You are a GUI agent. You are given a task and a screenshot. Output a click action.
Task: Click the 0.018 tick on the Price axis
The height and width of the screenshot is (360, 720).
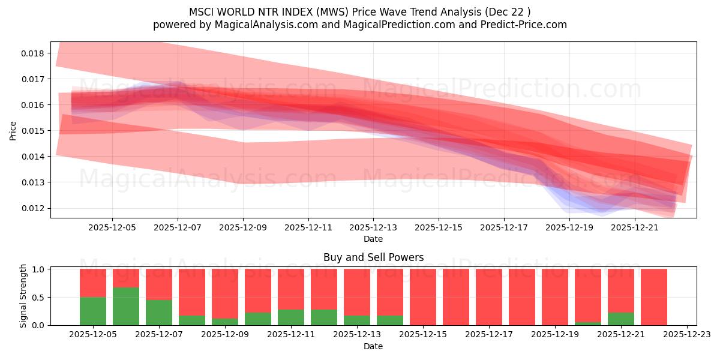pyautogui.click(x=33, y=53)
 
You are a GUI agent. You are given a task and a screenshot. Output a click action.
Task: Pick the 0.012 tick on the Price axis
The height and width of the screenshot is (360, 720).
pyautogui.click(x=33, y=208)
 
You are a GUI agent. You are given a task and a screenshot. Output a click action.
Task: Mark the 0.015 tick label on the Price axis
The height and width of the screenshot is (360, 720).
pyautogui.click(x=33, y=131)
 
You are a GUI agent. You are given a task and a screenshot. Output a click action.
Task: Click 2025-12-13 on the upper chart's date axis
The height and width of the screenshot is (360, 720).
pyautogui.click(x=373, y=228)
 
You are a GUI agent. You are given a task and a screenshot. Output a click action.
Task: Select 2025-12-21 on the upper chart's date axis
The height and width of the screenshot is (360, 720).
pyautogui.click(x=634, y=228)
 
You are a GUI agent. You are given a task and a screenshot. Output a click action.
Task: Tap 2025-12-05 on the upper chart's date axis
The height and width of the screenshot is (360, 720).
pyautogui.click(x=112, y=228)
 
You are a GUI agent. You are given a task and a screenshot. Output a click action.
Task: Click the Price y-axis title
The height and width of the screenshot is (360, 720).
pyautogui.click(x=13, y=130)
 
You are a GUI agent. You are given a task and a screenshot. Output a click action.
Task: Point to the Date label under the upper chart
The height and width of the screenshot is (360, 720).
pyautogui.click(x=373, y=239)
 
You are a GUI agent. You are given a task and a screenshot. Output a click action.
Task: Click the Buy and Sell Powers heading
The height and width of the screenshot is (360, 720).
pyautogui.click(x=373, y=257)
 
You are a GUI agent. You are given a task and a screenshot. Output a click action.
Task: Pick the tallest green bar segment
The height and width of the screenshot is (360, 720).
pyautogui.click(x=126, y=306)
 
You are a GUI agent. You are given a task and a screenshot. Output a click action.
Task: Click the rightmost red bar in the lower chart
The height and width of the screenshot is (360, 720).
pyautogui.click(x=653, y=297)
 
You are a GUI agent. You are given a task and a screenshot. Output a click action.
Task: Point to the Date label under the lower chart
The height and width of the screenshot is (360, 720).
pyautogui.click(x=373, y=346)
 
